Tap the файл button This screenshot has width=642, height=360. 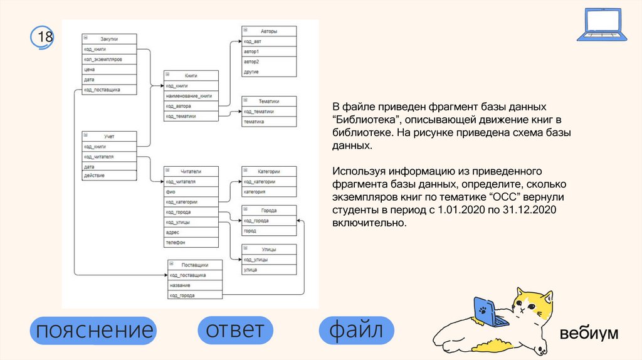click(x=356, y=330)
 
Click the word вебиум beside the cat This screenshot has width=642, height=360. click(x=589, y=333)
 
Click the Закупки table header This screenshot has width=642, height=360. click(x=109, y=39)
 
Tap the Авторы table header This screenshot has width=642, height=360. click(x=269, y=31)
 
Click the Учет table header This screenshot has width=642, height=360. click(x=109, y=136)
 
